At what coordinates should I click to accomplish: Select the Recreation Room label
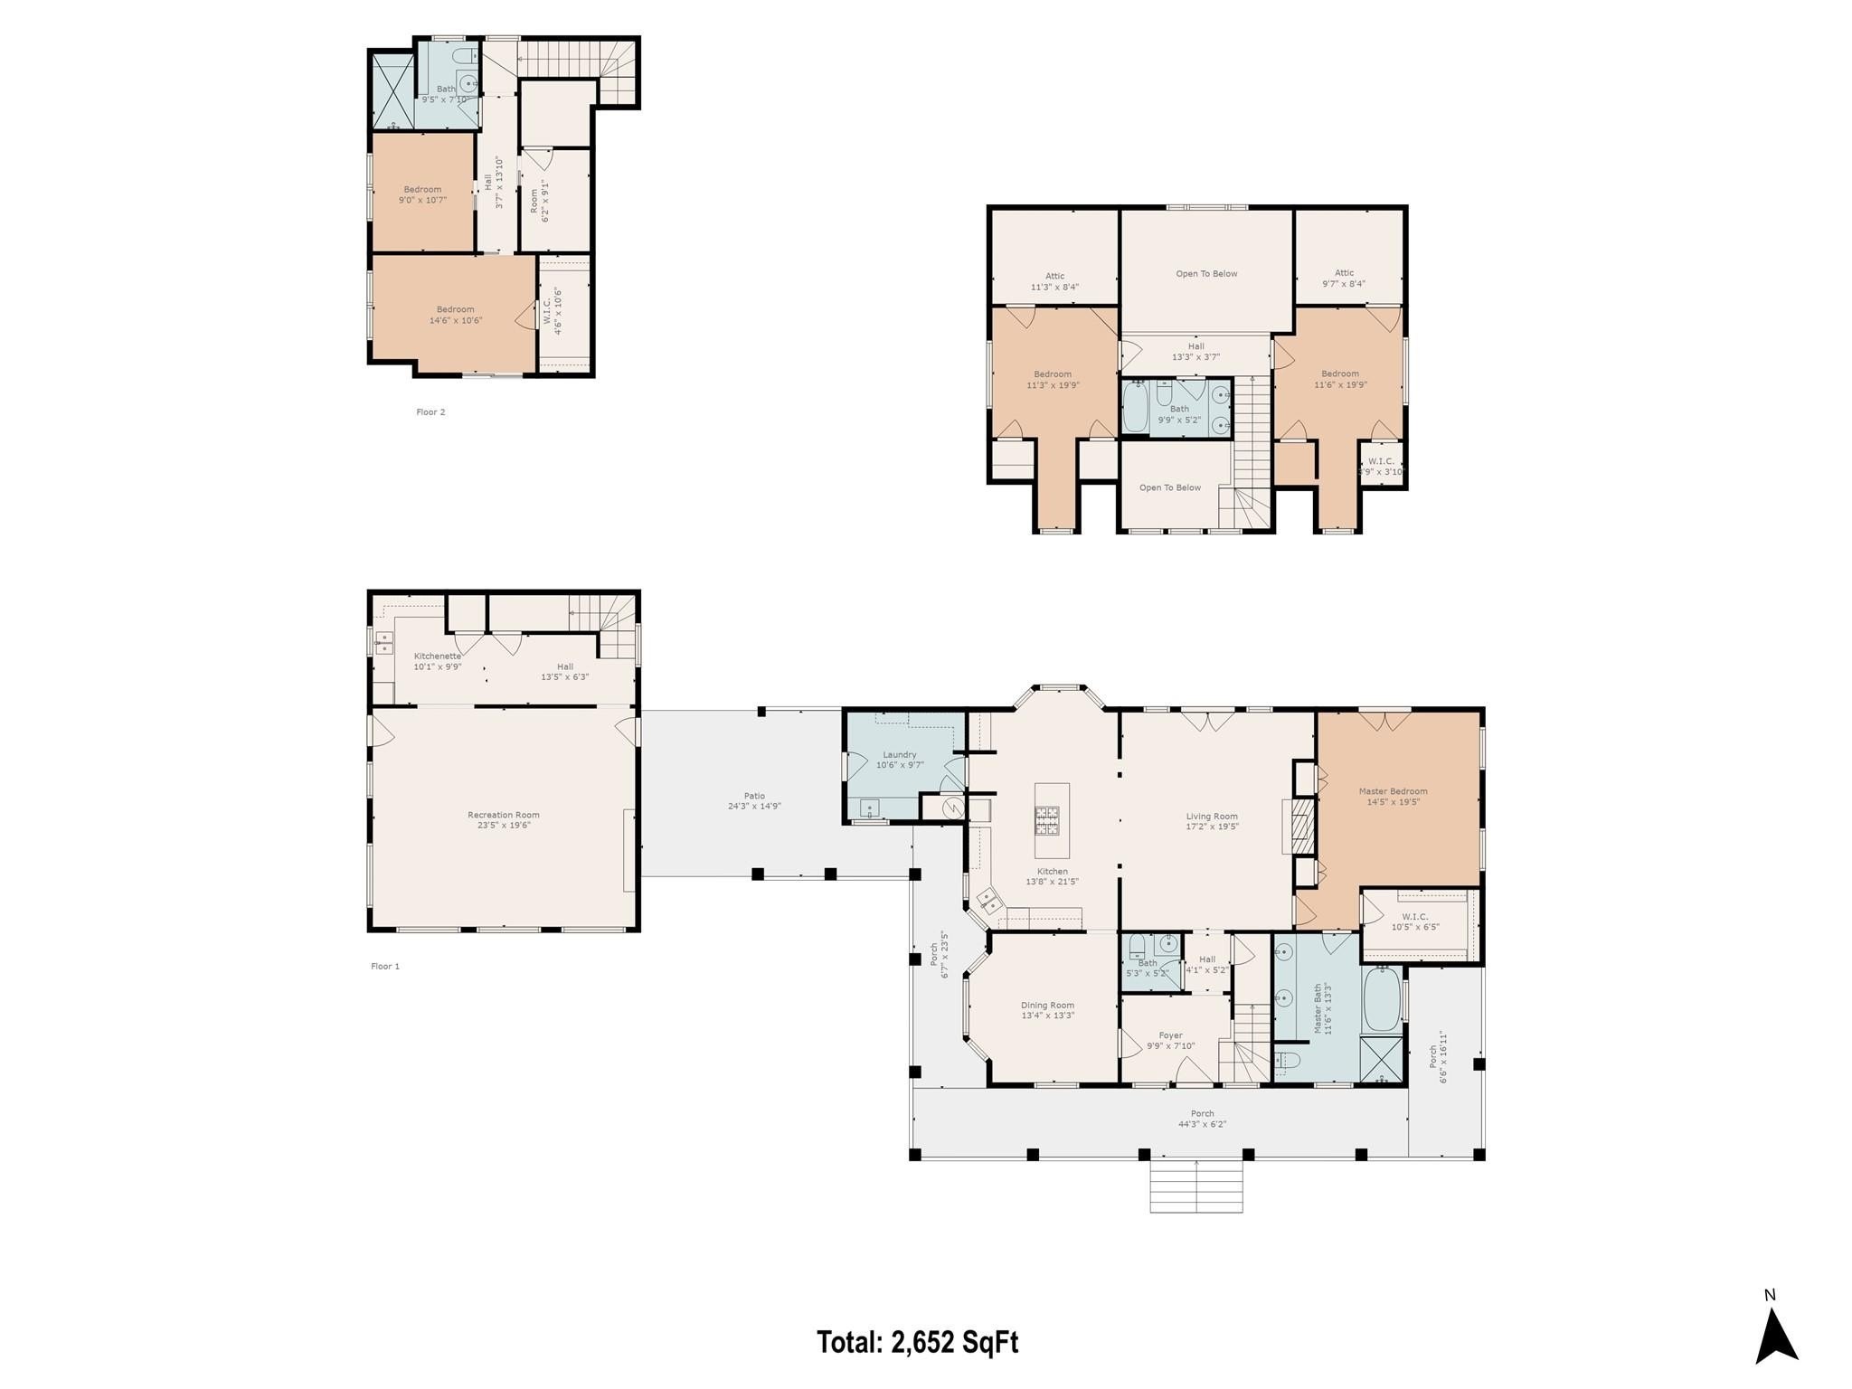[x=504, y=819]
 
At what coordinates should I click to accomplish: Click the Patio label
[x=754, y=800]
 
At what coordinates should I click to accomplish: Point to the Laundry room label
[x=900, y=760]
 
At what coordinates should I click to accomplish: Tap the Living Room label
[x=1212, y=821]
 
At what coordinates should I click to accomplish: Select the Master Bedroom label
[x=1393, y=797]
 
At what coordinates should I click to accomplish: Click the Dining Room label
[x=1047, y=1010]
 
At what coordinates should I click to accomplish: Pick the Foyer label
[x=1170, y=1040]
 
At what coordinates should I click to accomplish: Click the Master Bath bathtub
[x=1381, y=1000]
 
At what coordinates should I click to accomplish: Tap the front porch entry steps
[x=1195, y=1186]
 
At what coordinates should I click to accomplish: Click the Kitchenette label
[x=438, y=661]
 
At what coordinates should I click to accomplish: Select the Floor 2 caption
[x=430, y=412]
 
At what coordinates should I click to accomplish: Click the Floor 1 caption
[x=384, y=967]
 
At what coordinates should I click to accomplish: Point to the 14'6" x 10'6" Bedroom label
[x=455, y=315]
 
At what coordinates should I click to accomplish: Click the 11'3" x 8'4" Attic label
[x=1054, y=281]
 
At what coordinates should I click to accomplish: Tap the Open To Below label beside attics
[x=1206, y=274]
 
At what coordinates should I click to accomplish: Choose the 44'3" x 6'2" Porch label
[x=1202, y=1119]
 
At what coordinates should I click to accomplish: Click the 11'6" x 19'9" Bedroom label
[x=1339, y=379]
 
